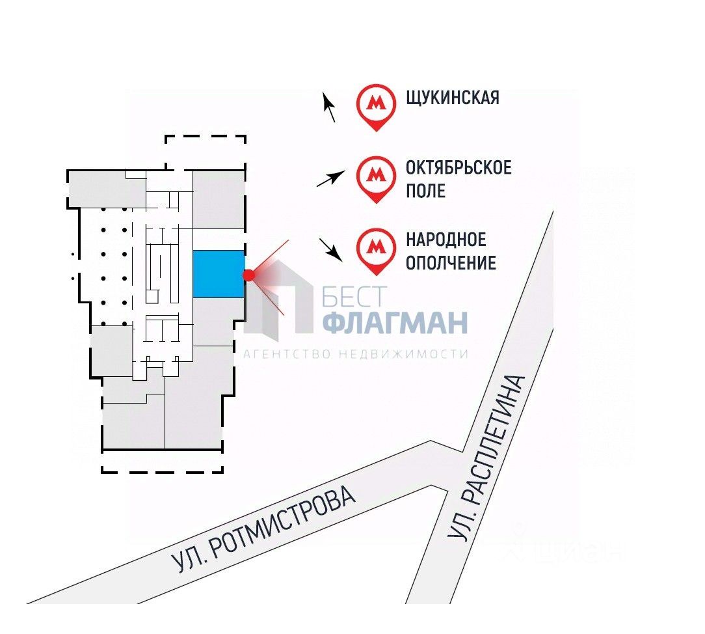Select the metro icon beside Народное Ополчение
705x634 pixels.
[x=376, y=247]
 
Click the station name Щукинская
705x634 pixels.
[x=453, y=98]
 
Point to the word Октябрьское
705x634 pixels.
[x=459, y=167]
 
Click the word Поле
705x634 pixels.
[x=426, y=191]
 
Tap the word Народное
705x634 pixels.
[x=446, y=240]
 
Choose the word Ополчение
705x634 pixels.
[x=451, y=263]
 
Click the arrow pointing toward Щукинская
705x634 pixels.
[x=330, y=107]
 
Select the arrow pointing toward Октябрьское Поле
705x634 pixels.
[x=330, y=178]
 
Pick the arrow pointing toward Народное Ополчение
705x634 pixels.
[x=331, y=249]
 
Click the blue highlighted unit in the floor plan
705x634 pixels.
[x=219, y=274]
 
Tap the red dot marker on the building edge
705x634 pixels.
[x=248, y=275]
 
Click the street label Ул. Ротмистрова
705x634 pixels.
[x=264, y=530]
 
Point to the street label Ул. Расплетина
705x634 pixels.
[x=487, y=458]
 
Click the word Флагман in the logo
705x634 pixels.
[x=395, y=322]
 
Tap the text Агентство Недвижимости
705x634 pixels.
[x=356, y=354]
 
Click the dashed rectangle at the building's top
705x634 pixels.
[x=205, y=152]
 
